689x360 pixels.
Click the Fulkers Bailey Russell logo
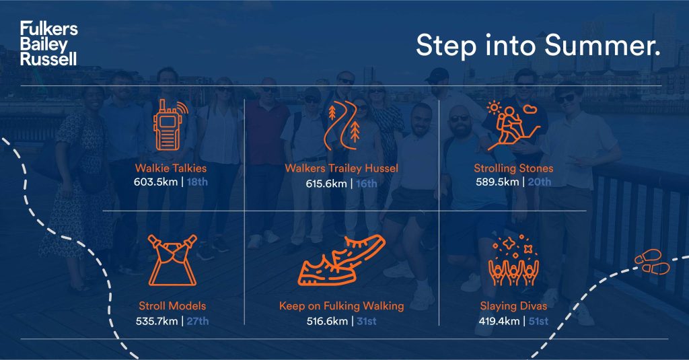point(48,43)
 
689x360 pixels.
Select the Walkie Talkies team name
point(170,168)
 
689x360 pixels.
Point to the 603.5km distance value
point(156,182)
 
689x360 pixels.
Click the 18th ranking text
point(197,182)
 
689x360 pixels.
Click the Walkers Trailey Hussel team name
point(341,168)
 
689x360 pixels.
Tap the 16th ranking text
point(367,183)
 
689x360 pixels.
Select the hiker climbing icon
point(513,126)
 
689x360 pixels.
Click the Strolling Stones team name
point(513,168)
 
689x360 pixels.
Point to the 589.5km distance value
point(497,182)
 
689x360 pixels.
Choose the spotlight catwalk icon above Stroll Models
point(172,260)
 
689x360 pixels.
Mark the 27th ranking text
point(198,322)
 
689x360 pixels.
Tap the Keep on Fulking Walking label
point(341,306)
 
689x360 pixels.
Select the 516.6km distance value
point(328,322)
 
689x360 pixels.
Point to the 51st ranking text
point(538,322)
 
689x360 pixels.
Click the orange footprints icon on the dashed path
point(652,262)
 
